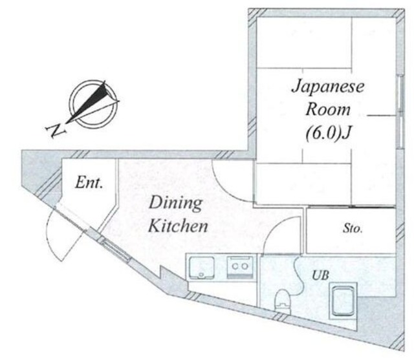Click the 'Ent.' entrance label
click(x=89, y=183)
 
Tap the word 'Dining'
click(x=176, y=203)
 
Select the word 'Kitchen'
click(x=179, y=226)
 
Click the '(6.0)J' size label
click(x=329, y=134)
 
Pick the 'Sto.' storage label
click(x=353, y=228)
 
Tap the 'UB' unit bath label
click(x=321, y=275)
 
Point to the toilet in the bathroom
click(x=283, y=301)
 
